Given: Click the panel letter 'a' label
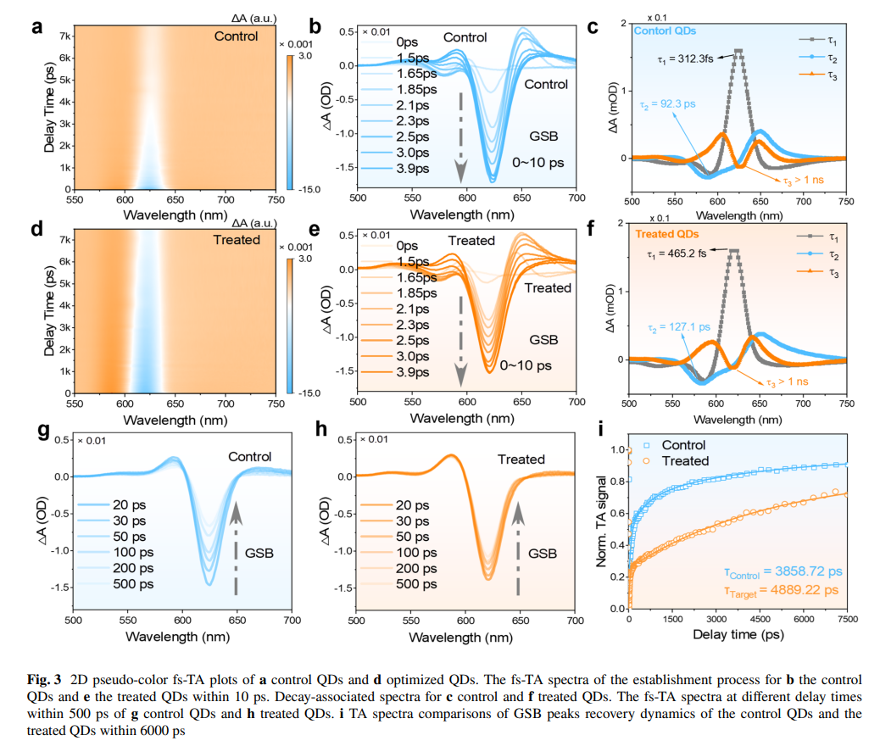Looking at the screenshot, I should click(x=36, y=26).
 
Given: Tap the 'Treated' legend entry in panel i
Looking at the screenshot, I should click(x=685, y=460).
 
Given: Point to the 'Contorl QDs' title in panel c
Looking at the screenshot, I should click(x=666, y=31).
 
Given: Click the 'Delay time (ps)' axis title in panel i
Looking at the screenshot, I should click(x=737, y=634).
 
